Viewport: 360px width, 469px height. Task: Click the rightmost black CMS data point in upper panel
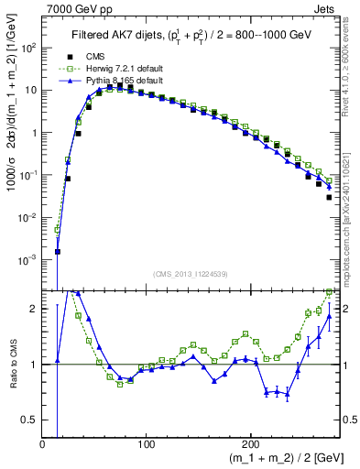tap(328, 196)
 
